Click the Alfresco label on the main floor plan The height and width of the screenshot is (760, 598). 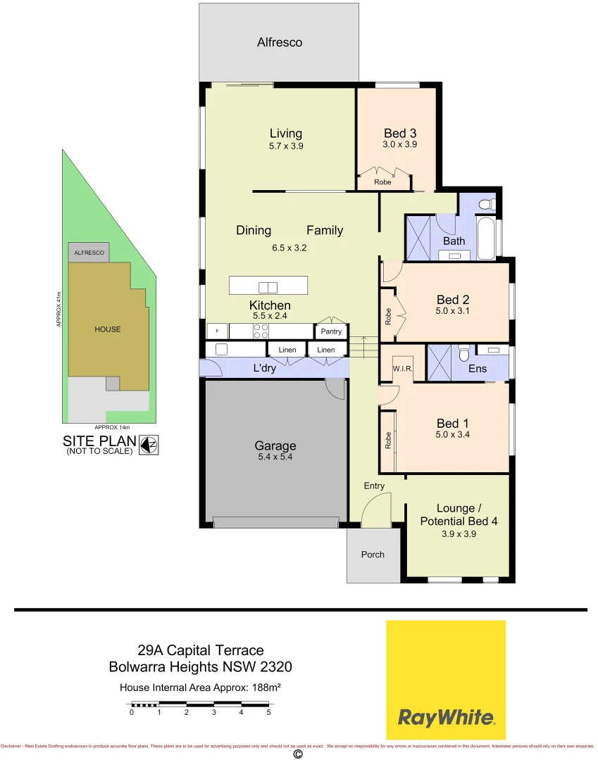[x=280, y=42]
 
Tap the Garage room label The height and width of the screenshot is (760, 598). [x=275, y=445]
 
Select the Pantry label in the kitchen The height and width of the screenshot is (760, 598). [x=331, y=331]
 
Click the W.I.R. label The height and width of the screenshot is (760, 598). [x=402, y=369]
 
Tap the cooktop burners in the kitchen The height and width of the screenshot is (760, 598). [x=260, y=331]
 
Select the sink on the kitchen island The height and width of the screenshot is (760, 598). [x=268, y=286]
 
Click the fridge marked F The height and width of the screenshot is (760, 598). [x=218, y=331]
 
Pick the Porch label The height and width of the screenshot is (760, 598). [x=373, y=555]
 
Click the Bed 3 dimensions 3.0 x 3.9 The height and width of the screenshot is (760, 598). [x=400, y=144]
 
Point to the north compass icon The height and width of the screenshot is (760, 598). [x=148, y=444]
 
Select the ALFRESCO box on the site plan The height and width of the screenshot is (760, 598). [x=89, y=253]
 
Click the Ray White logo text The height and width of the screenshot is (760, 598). [x=446, y=717]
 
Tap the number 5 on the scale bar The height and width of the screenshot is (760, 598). [x=268, y=712]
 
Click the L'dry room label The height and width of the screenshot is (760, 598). [x=265, y=368]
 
